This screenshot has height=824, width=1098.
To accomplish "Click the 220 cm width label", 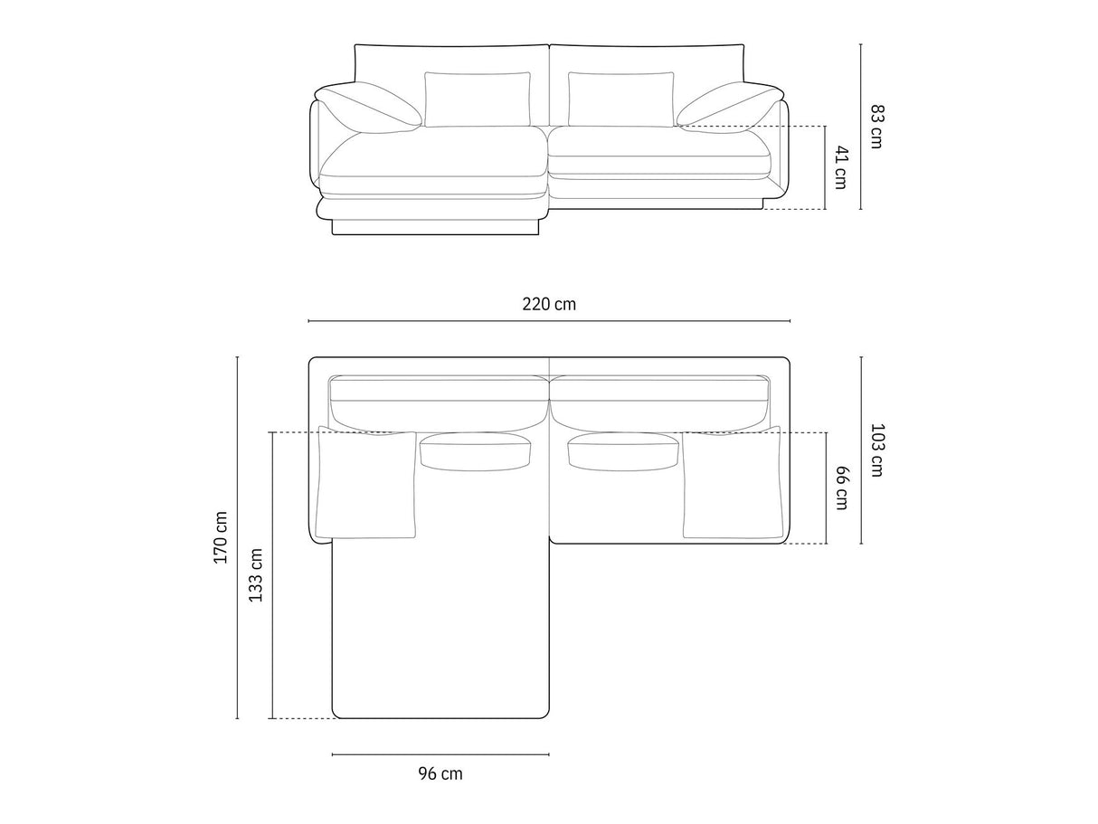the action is pyautogui.click(x=549, y=304).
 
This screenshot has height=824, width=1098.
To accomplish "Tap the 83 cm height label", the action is pyautogui.click(x=877, y=126).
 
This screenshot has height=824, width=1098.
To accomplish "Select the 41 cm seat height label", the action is pyautogui.click(x=841, y=167).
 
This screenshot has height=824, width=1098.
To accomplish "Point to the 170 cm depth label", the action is pyautogui.click(x=221, y=537).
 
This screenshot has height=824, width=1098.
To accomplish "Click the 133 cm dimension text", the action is pyautogui.click(x=256, y=575).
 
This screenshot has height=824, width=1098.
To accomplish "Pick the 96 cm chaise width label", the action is pyautogui.click(x=440, y=773).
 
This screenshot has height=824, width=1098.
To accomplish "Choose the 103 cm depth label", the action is pyautogui.click(x=877, y=450).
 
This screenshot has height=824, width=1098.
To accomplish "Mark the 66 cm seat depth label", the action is pyautogui.click(x=841, y=488).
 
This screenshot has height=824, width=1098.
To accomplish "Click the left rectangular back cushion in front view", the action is pyautogui.click(x=478, y=99).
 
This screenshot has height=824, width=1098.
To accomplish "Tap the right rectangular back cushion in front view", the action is pyautogui.click(x=620, y=99).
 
